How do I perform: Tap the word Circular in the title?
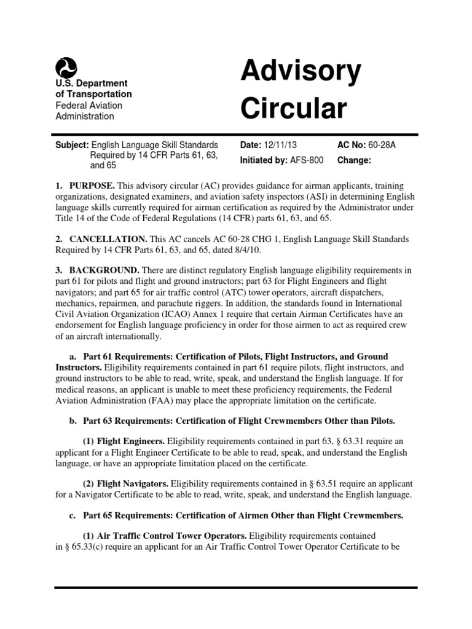coord(293,108)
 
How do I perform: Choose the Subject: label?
coord(72,145)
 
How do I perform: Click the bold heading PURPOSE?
coord(92,186)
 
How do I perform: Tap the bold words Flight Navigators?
coord(133,485)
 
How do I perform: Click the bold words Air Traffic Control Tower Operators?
coord(171,536)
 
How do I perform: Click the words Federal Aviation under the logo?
coord(88,105)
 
